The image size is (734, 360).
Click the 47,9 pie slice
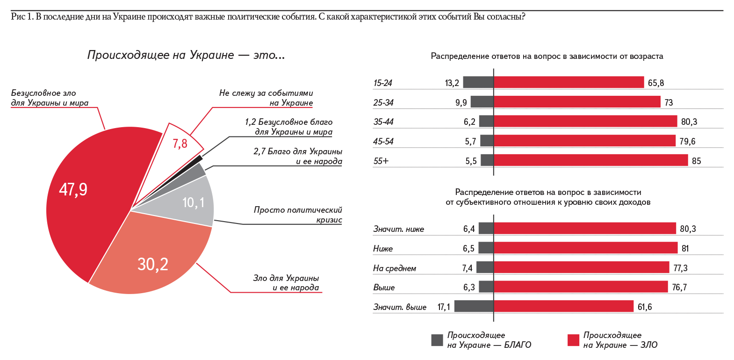(84, 201)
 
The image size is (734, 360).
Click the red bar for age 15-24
(568, 82)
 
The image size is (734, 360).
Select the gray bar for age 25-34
(482, 102)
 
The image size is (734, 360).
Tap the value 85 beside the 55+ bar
(696, 161)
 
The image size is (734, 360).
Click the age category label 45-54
(383, 141)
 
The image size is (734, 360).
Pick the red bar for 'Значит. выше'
(563, 306)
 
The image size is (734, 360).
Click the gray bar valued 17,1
(474, 306)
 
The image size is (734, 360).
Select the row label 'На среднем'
(395, 268)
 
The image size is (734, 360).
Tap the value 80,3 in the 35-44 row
(689, 122)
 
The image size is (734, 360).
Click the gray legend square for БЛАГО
(437, 340)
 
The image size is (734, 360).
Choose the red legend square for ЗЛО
(573, 340)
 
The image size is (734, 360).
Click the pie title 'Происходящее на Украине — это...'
(186, 55)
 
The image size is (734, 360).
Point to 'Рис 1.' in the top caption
(22, 17)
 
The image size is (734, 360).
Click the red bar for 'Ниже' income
(585, 248)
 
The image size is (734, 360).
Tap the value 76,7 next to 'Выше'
(679, 287)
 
